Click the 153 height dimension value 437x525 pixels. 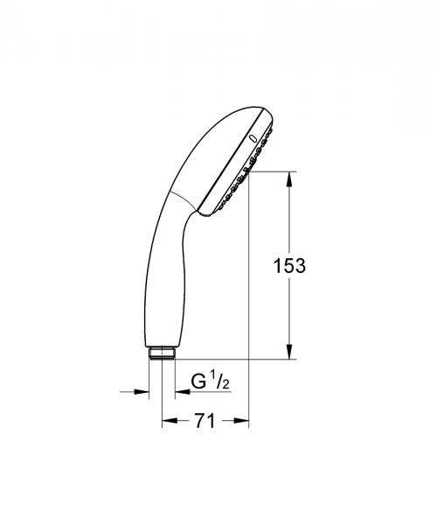[x=289, y=266]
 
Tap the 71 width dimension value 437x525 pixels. [x=204, y=421]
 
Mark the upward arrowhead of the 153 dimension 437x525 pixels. [x=290, y=178]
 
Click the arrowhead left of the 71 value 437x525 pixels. [x=169, y=421]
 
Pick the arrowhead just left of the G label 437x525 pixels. [x=173, y=391]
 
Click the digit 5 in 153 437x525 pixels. [x=289, y=266]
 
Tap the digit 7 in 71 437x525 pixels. [x=198, y=421]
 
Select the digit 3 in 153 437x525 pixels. [x=300, y=266]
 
